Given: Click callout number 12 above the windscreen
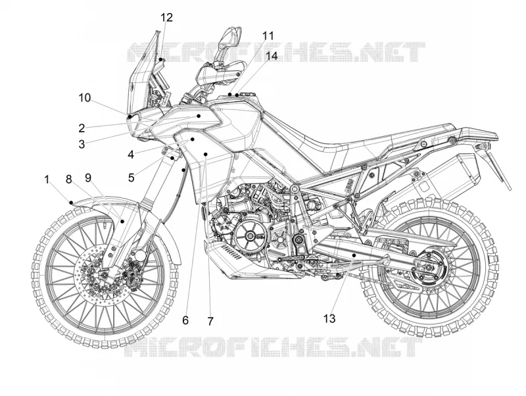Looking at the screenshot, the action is coord(166,18).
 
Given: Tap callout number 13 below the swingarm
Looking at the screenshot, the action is coord(329,318).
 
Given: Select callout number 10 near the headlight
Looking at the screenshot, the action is coord(85,98).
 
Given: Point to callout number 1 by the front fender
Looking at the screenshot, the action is coord(47,180).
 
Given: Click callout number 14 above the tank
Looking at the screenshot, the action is coord(272,56).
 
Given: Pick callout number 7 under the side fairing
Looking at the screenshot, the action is coord(210,321).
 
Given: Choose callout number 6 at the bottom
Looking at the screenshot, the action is coord(185,320).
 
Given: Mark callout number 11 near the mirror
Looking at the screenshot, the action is coord(268,36).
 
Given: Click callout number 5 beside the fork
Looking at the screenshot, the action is coord(131,177).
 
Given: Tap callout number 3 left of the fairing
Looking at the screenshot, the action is coord(82,144).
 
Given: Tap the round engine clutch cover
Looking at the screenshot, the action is coord(250,236).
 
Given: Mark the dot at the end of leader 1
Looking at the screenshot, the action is coord(71,203).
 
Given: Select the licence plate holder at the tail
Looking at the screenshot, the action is coord(499,168).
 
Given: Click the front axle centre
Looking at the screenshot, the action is coord(104,276).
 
